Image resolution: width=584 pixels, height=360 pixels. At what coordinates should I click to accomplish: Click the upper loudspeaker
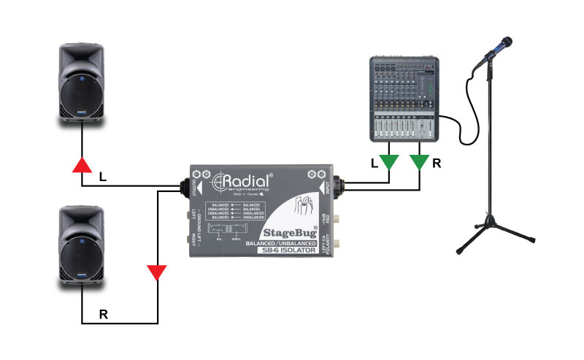click(x=84, y=83)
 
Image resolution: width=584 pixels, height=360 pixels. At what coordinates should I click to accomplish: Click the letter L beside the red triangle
click(x=102, y=176)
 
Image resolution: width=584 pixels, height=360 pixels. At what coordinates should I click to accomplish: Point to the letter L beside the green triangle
click(x=374, y=164)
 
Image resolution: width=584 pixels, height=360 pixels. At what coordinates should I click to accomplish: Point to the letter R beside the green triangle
click(x=437, y=164)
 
